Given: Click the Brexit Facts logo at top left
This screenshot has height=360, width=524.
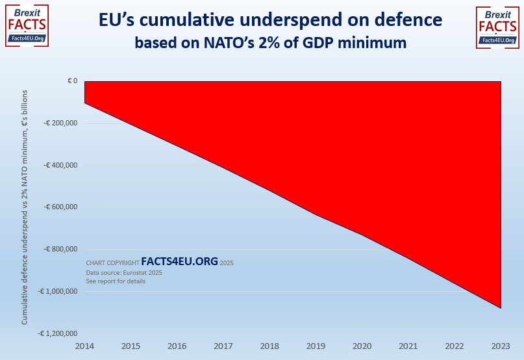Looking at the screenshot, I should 26,27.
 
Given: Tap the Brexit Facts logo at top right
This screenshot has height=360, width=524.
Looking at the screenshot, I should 497,27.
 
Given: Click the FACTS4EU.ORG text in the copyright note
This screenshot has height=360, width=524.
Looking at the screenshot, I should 179,261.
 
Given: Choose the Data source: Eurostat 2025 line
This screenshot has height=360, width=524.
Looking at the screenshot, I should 124,273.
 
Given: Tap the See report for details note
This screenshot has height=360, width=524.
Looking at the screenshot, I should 116,281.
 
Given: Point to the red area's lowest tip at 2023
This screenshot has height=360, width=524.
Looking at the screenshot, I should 500,307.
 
